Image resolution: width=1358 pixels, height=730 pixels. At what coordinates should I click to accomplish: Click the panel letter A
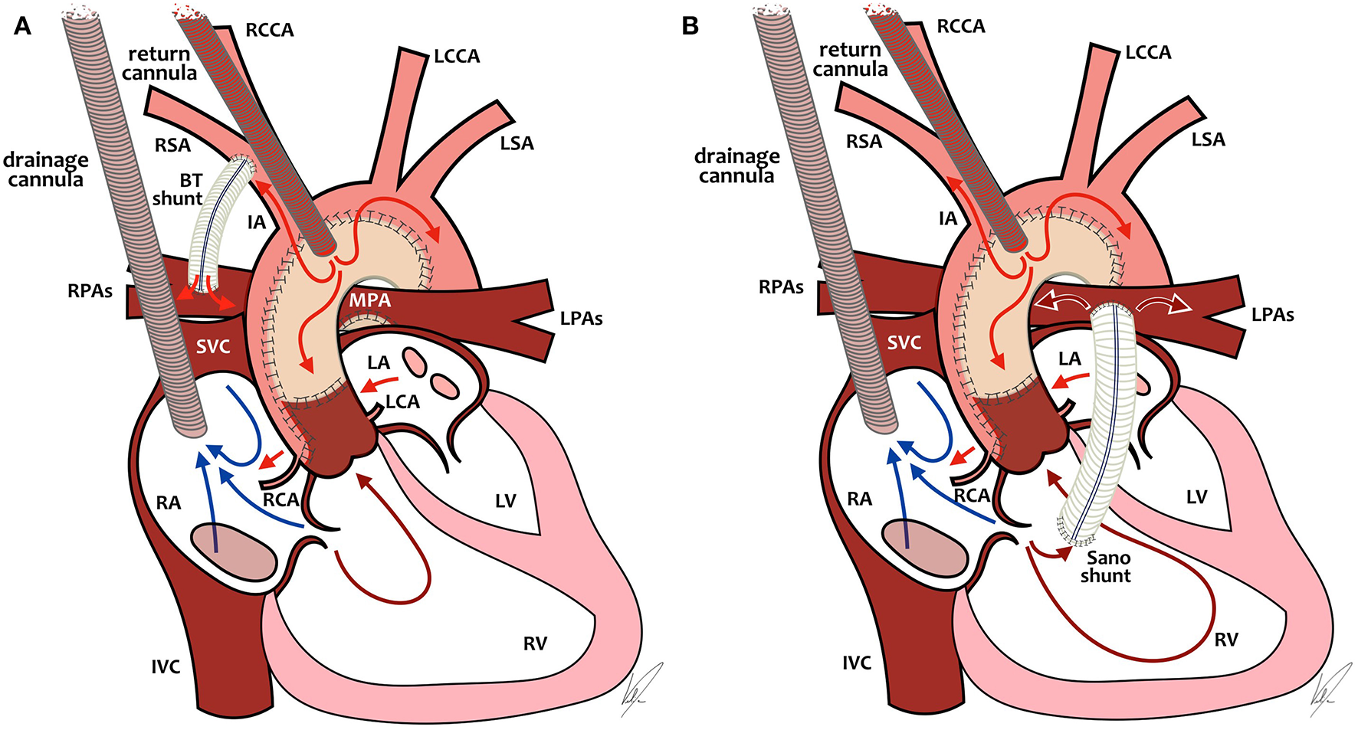coord(23,27)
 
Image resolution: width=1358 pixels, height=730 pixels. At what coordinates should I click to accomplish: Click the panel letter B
coord(690,27)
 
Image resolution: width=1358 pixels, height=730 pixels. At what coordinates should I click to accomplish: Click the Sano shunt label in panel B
coord(1107,567)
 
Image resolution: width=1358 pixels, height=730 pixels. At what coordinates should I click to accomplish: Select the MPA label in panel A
coord(369,301)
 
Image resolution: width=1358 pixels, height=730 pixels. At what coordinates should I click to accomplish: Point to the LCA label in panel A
coord(402,401)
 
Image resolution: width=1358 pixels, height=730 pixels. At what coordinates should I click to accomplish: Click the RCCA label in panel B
coord(961,27)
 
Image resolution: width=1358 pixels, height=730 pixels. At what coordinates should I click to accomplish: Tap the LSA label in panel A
coord(517,143)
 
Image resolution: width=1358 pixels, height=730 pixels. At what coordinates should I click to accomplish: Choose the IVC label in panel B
coord(856,663)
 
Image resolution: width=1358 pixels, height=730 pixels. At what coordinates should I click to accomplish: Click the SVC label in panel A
coord(213,347)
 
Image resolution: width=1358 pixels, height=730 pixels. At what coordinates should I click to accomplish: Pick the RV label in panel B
coord(1226,640)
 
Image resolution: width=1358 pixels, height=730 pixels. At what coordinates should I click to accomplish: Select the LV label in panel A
coord(505,501)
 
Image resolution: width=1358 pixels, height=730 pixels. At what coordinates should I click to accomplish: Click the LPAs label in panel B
coord(1272,315)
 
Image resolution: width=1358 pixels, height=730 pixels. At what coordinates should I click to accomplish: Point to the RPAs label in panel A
coord(90,291)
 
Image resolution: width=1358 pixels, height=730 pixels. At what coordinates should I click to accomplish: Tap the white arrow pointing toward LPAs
coord(1163,306)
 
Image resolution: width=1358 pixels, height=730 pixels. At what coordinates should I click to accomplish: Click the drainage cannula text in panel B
coord(736,166)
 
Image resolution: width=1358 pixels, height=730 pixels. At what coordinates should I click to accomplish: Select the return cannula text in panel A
coord(159,64)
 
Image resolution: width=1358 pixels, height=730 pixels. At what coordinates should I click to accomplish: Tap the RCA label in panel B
coord(971,496)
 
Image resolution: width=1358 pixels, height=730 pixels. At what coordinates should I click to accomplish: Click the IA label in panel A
coord(257,222)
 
